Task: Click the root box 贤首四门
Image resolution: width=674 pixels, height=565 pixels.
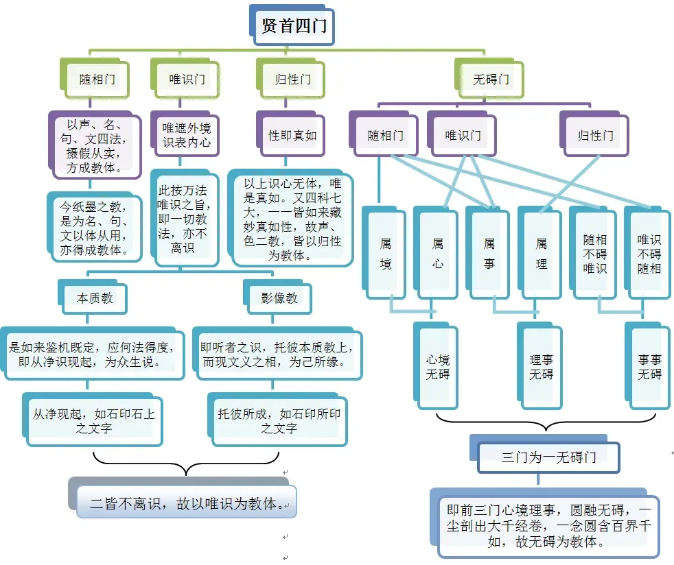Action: (294, 26)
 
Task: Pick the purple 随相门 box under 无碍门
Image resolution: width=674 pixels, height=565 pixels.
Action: (385, 135)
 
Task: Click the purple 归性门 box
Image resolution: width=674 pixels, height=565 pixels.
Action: (595, 135)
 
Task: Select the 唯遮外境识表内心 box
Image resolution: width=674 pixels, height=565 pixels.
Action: (186, 135)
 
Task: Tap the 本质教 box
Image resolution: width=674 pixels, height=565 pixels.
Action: (95, 299)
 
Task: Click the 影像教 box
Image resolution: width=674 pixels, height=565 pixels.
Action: (279, 299)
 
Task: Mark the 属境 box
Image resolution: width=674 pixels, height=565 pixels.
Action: (386, 253)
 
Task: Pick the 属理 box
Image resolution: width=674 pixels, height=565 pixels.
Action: (542, 253)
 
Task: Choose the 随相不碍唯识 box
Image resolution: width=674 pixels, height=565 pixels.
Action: (594, 253)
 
